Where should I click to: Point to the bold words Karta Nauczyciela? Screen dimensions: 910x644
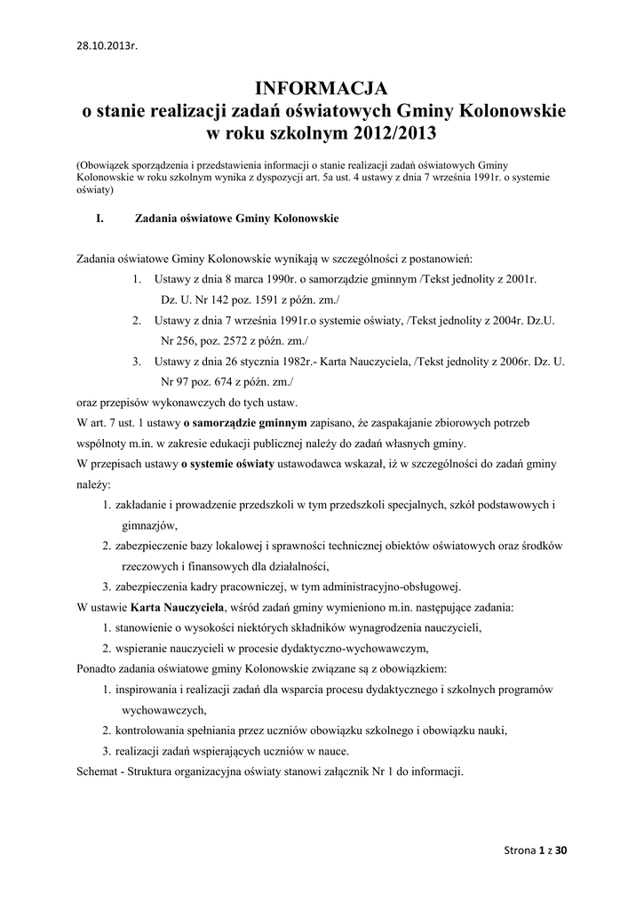tap(178, 608)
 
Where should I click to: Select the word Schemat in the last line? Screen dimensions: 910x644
tap(99, 771)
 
